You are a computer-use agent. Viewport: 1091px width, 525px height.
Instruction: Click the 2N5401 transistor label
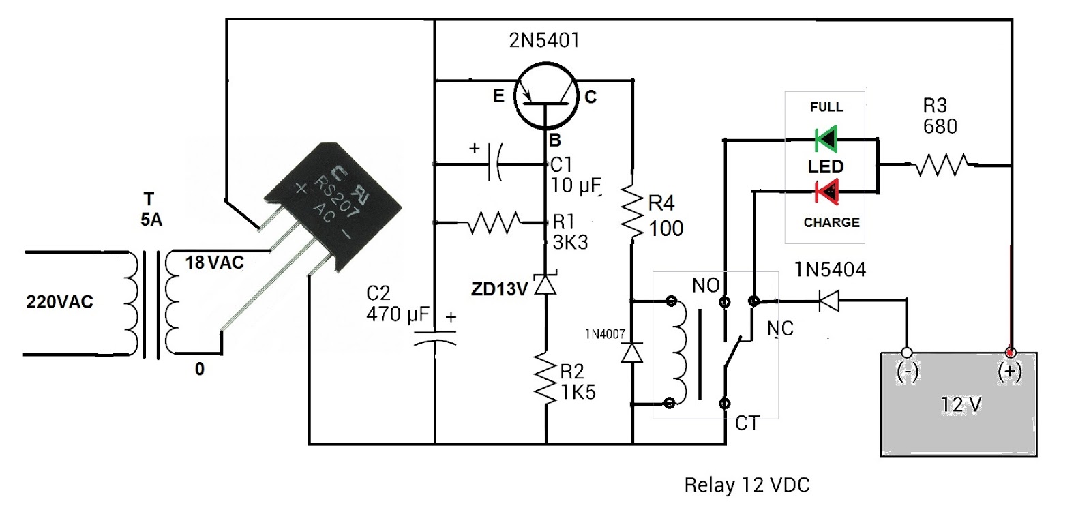544,40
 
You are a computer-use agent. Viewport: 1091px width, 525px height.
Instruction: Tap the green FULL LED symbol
826,139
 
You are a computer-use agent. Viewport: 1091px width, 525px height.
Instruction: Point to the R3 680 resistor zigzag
942,165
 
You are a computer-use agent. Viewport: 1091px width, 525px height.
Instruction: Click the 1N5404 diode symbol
828,300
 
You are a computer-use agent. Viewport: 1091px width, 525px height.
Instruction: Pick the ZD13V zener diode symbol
545,284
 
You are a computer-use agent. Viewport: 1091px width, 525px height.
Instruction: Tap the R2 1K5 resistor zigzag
545,380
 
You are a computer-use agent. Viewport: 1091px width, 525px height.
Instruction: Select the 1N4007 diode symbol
633,352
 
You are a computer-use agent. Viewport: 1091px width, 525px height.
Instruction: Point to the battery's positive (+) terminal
1010,353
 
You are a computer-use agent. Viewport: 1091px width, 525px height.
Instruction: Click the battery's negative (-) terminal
907,353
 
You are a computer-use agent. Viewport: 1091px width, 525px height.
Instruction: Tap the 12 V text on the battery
961,405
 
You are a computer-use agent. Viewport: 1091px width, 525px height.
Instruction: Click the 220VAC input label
59,302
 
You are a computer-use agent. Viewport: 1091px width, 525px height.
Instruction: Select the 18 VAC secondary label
214,262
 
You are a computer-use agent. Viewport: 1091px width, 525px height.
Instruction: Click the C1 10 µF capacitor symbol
496,164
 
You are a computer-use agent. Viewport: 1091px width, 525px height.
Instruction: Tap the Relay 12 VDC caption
747,485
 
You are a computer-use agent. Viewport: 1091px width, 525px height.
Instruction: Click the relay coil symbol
678,352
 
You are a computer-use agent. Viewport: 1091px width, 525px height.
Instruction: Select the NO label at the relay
705,286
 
